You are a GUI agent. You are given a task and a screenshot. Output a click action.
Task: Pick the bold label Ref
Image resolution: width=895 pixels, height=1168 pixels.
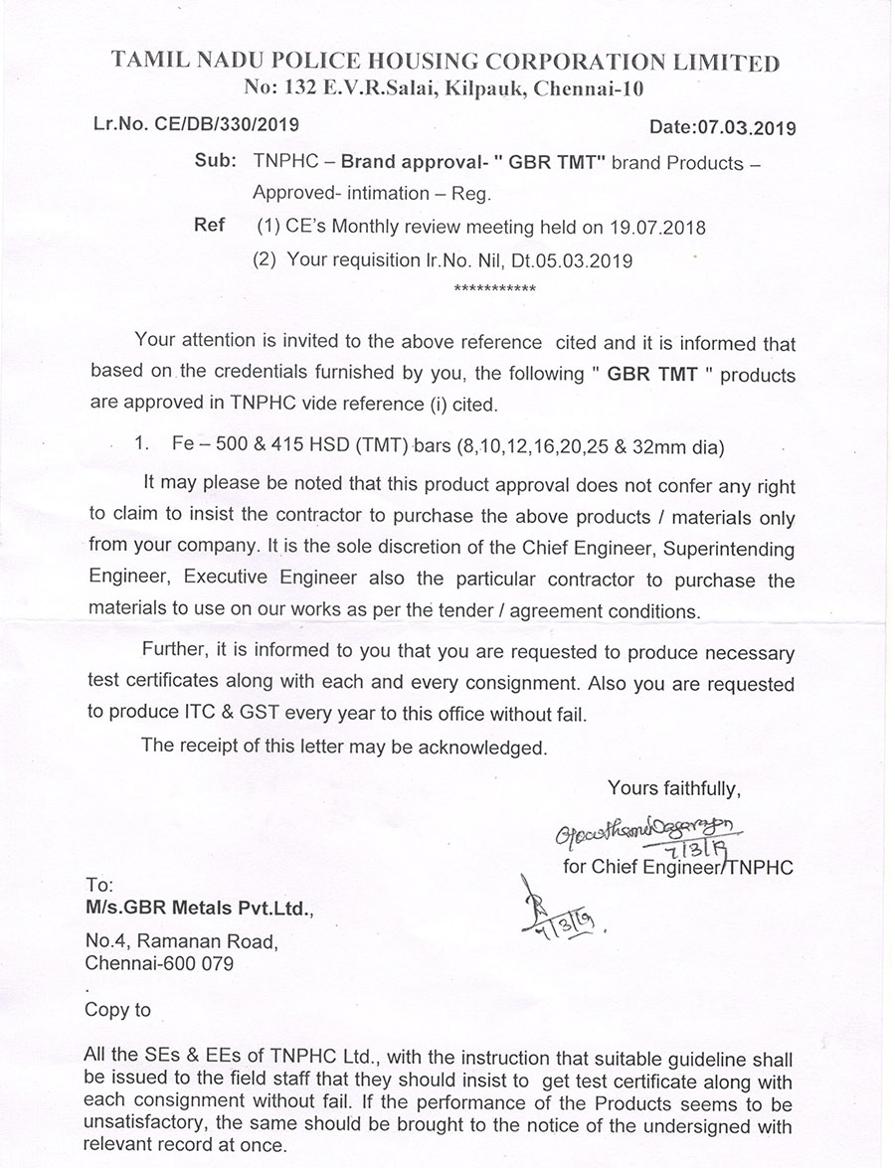click(x=209, y=226)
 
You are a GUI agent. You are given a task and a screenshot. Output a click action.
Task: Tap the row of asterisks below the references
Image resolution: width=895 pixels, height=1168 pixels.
click(x=494, y=290)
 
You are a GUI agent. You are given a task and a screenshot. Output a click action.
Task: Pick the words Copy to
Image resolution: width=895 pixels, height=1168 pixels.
click(x=118, y=1010)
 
